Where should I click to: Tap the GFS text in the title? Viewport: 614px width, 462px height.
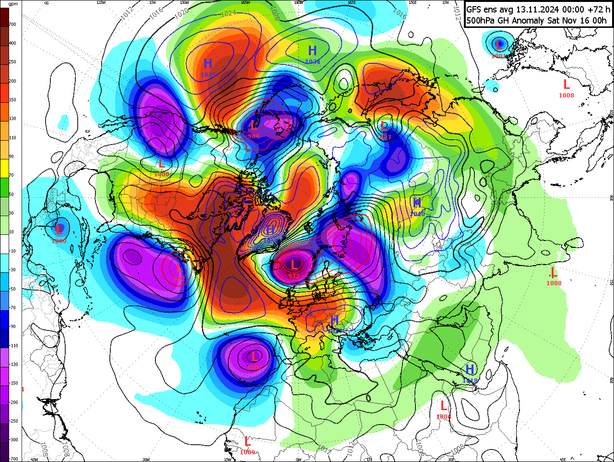coord(475,9)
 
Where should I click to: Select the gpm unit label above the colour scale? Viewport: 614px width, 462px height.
coord(13,4)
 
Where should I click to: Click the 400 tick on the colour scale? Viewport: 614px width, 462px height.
coord(12,43)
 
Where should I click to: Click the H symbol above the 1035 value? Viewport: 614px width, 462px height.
coord(208,63)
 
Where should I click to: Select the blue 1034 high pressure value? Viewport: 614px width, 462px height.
coord(312,62)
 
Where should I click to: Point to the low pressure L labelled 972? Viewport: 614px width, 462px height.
coord(294,264)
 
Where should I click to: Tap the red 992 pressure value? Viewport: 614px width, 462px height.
coord(179,279)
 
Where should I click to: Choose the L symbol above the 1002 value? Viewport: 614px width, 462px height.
coord(254,356)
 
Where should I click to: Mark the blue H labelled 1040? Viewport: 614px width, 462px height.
coord(417,203)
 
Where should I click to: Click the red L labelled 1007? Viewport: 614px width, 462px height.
coord(384,127)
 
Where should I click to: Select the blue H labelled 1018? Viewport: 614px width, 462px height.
coord(470,369)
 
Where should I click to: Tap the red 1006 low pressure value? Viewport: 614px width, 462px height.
coord(443,417)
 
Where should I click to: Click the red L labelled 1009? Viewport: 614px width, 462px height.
coord(248,441)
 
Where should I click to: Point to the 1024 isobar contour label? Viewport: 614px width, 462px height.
coord(228,13)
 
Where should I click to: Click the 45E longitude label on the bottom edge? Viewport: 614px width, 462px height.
coord(563,460)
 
